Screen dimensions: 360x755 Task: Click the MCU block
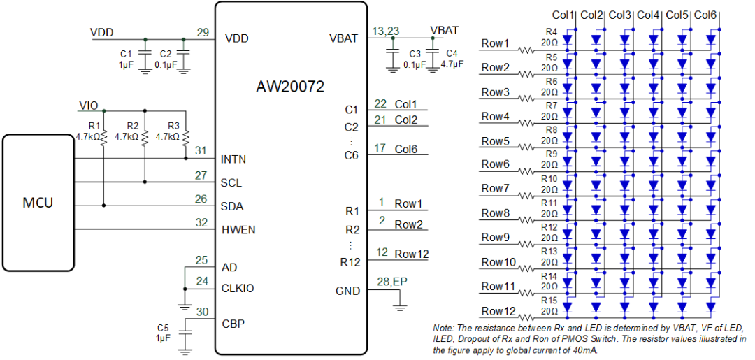pos(38,203)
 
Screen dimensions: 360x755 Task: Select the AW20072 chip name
pos(290,87)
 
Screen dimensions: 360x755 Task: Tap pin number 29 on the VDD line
pos(203,32)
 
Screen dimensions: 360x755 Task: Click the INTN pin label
pos(233,159)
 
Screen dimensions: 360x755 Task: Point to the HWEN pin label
pos(238,230)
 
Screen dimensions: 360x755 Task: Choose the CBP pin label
pos(233,324)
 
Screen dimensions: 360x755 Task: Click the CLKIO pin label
pos(238,288)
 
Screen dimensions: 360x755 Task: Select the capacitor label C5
pos(163,328)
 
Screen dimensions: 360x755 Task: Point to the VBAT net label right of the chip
pos(445,31)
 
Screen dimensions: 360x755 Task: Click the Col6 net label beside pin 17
pos(406,149)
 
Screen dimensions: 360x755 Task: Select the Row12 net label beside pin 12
pos(411,254)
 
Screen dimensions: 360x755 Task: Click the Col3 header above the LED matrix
pos(620,15)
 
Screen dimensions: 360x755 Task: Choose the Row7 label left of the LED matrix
pos(496,189)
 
